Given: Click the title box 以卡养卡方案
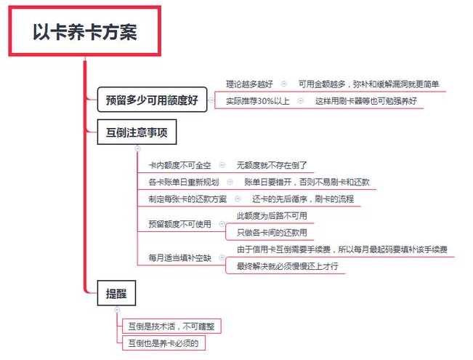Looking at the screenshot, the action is point(85,31).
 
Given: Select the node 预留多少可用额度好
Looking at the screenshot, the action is point(152,100).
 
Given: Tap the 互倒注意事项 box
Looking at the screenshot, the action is point(137,132).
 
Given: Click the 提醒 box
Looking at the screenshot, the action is point(116,293).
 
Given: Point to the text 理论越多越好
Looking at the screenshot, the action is point(249,84).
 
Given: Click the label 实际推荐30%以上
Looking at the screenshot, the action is point(258,101).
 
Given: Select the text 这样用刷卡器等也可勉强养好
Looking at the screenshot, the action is point(366,101).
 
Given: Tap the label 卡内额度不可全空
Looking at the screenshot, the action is point(179,165).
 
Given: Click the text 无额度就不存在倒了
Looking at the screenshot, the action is point(272,165).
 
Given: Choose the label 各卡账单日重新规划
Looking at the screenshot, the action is point(183,182).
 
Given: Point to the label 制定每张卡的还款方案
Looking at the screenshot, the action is point(187,199).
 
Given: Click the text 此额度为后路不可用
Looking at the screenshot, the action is point(272,216).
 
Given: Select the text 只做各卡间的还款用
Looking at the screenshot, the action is point(272,233).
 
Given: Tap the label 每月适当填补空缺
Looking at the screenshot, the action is point(179,258).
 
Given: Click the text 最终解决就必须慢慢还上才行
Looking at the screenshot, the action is point(287,266).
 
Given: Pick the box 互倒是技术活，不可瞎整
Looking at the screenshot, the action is point(171,326).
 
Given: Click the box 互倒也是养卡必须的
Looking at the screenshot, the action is point(163,343).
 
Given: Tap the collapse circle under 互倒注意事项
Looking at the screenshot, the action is point(137,148).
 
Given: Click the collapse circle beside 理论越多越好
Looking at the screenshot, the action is point(284,84).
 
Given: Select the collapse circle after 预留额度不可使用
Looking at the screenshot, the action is point(222,224).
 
